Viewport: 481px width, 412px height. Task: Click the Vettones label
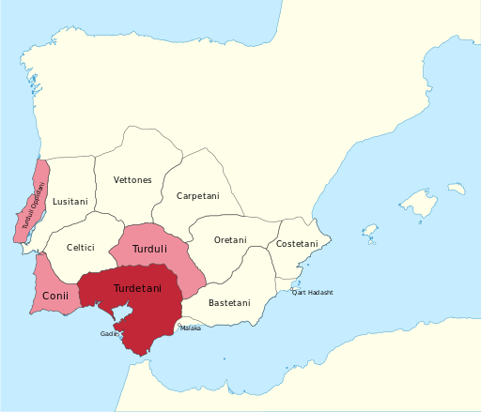coord(132,179)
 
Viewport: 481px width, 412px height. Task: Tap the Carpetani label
coord(197,196)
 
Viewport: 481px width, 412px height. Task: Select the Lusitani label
coord(70,202)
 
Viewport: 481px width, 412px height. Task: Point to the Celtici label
coord(81,248)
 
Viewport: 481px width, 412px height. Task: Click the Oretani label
coord(230,241)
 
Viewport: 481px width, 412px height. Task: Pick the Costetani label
coord(297,244)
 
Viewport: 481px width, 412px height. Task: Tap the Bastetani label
coord(229,303)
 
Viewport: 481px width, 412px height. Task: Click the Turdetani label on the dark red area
coord(137,287)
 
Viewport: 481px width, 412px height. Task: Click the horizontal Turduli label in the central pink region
coord(149,251)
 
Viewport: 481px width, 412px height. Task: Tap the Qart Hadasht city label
coord(313,293)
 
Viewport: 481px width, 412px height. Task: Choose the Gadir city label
coord(109,333)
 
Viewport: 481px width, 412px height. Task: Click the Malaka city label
coord(191,328)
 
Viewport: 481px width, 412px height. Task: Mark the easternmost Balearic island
coord(457,188)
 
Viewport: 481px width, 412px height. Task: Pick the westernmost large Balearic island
coord(370,230)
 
